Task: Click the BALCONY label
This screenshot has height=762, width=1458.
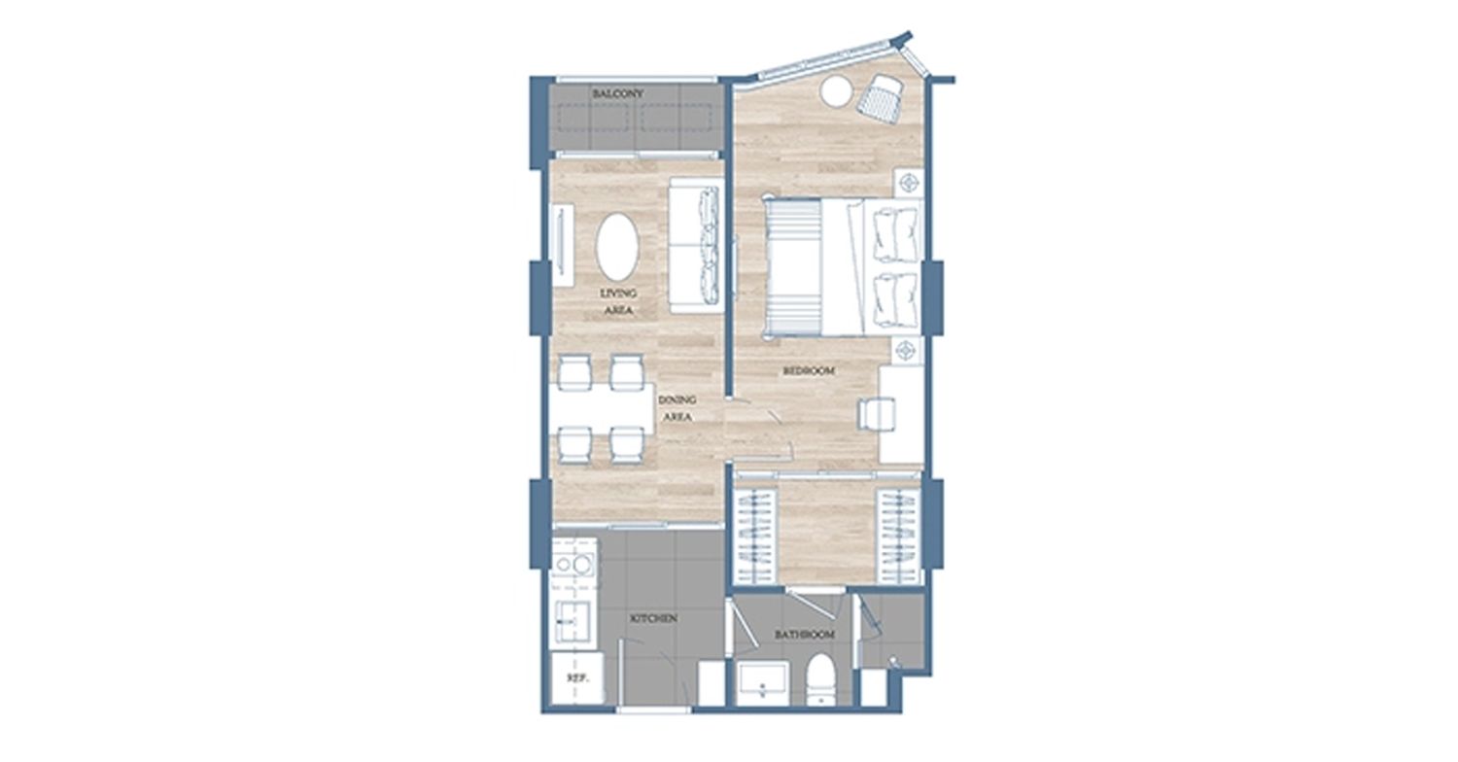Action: click(x=617, y=93)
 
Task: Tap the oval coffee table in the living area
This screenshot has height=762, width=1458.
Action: click(x=617, y=247)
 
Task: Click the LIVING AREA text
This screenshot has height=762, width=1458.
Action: click(x=618, y=302)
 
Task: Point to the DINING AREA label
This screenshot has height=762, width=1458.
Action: click(x=677, y=408)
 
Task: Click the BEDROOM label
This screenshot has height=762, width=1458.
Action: click(x=809, y=371)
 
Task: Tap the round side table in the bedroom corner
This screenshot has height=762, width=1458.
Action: click(x=836, y=91)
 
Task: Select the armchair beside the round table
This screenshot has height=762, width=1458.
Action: click(x=880, y=97)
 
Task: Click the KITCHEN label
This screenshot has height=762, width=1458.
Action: click(x=654, y=618)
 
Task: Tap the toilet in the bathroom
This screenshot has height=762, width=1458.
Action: click(x=820, y=680)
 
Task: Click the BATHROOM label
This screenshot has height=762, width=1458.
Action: click(x=805, y=635)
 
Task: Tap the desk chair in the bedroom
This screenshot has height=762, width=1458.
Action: click(x=876, y=414)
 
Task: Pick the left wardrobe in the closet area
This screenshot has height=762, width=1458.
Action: click(x=755, y=537)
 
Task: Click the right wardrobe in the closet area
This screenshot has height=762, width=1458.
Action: click(x=898, y=537)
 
